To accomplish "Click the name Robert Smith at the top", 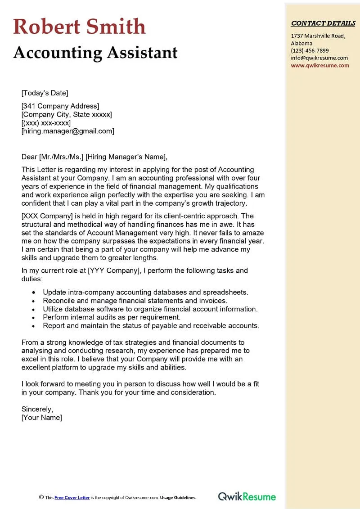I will coord(80,27).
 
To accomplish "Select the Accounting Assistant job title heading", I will coord(95,53).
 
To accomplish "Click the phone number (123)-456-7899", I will coord(310,50).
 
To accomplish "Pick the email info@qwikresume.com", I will coord(319,58).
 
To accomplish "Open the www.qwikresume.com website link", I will coord(320,65).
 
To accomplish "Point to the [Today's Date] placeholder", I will coord(45,93).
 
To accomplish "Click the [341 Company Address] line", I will coord(60,106).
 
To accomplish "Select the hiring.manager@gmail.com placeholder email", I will coord(68,131).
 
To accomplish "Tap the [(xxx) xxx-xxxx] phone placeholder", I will coord(46,123).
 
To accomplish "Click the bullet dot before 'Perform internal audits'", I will coord(34,318).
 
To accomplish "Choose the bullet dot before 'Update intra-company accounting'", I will coord(34,293).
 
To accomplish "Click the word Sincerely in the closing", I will coord(37,409).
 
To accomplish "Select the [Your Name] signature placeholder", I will coord(42,417).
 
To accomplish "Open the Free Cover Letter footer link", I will coord(72,498).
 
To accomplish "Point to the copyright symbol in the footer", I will coord(41,497).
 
